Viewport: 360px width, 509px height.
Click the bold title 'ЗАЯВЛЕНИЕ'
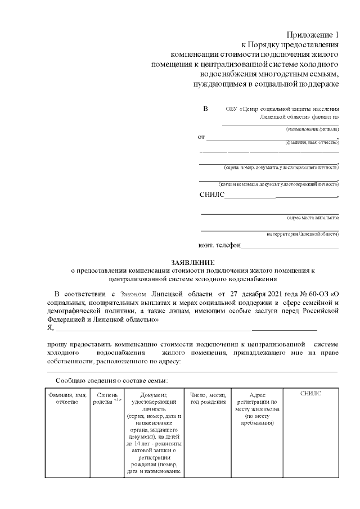[193, 262]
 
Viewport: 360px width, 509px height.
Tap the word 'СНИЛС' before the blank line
[211, 195]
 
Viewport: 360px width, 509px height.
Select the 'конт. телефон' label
[219, 245]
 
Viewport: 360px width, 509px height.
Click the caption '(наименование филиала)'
[312, 129]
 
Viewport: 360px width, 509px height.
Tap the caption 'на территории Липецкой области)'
[303, 233]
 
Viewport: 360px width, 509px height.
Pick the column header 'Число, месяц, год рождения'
[208, 399]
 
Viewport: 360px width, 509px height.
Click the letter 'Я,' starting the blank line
[50, 327]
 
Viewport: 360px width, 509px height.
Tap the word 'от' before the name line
[201, 137]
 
